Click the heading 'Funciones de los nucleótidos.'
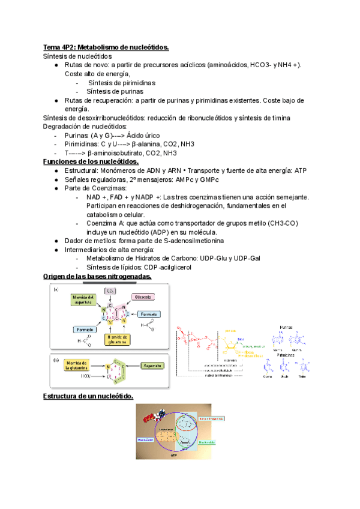(x=91, y=161)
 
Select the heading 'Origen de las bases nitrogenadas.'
(x=98, y=276)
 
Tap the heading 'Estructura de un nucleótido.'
(x=88, y=397)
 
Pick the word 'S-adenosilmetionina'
(x=185, y=241)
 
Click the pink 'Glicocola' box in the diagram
(x=143, y=296)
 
